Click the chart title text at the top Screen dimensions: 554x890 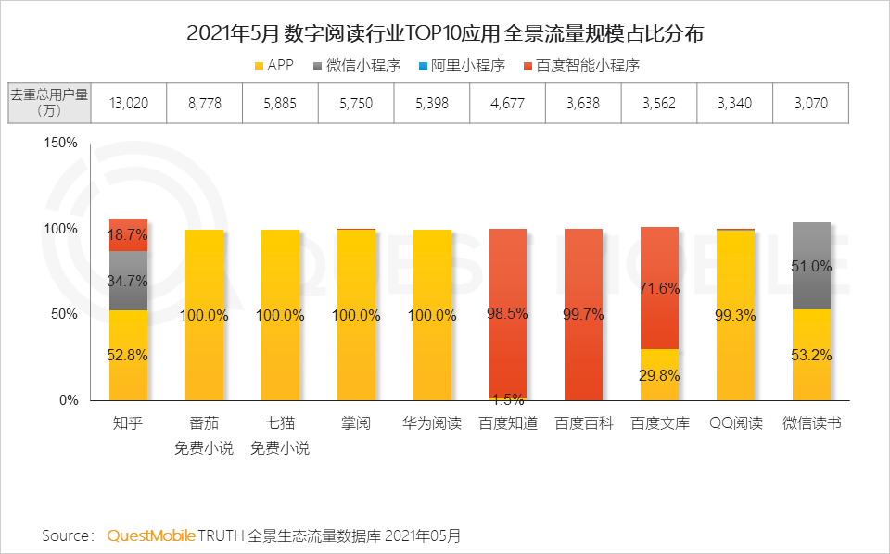445,34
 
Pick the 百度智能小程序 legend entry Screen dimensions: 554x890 581,66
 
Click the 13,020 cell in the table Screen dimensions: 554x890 129,103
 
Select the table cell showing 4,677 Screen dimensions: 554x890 507,103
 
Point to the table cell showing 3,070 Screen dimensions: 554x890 810,103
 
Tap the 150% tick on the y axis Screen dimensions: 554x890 60,143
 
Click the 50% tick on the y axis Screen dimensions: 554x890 64,314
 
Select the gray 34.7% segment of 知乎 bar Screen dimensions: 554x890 128,281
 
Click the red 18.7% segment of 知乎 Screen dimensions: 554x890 128,234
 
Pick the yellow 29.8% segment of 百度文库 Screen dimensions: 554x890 659,374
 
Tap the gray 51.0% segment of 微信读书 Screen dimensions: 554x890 811,266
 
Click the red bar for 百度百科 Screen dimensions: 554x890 583,315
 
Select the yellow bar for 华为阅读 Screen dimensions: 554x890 431,315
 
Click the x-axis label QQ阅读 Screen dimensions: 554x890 735,424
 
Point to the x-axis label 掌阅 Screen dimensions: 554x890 355,424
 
